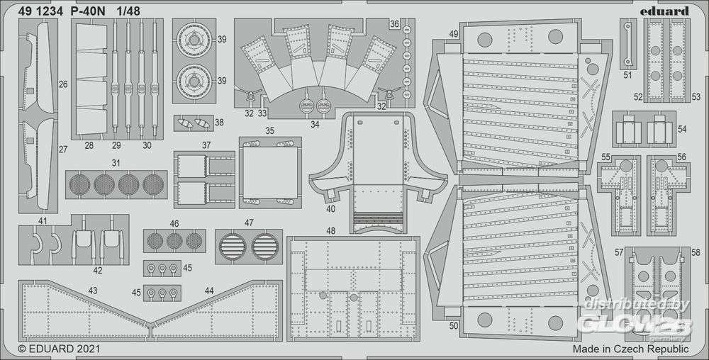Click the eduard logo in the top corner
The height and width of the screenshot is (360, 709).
(x=668, y=10)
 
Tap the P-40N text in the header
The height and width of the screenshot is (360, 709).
(x=85, y=11)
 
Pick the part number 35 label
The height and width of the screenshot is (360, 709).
(x=269, y=131)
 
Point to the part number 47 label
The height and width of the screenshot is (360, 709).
(x=249, y=223)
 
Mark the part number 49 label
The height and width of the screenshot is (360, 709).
(x=454, y=34)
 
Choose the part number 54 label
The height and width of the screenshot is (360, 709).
(x=682, y=130)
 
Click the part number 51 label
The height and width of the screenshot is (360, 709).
(x=628, y=74)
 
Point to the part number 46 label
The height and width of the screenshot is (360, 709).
(x=174, y=223)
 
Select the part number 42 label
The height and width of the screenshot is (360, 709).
(x=97, y=270)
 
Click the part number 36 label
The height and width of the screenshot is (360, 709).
(x=393, y=24)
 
